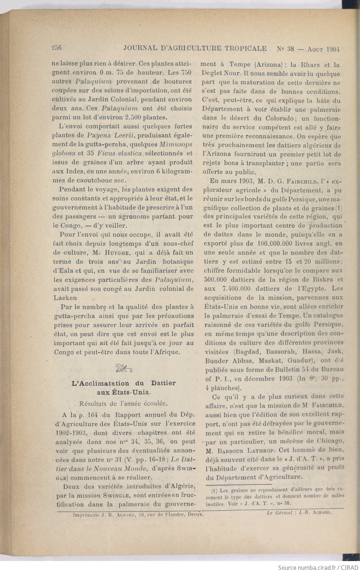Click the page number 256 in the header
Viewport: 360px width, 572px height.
coord(58,47)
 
